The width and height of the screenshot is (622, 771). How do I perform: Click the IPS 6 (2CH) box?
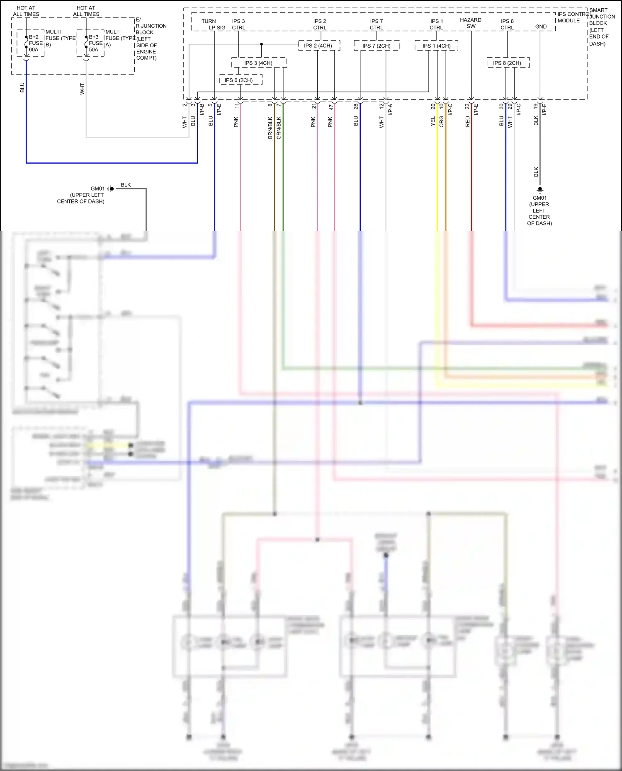pyautogui.click(x=241, y=80)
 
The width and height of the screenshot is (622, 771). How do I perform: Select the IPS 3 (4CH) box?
pyautogui.click(x=259, y=63)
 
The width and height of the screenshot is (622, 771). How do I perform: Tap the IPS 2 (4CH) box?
pyautogui.click(x=318, y=46)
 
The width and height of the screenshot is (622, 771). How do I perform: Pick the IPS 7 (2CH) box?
pyautogui.click(x=377, y=46)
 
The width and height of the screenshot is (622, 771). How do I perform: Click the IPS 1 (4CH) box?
pyautogui.click(x=436, y=46)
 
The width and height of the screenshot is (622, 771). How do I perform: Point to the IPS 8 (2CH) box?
pyautogui.click(x=508, y=63)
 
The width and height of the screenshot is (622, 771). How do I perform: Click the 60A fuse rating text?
pyautogui.click(x=34, y=50)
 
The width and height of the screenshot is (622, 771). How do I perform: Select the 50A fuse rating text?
pyautogui.click(x=94, y=50)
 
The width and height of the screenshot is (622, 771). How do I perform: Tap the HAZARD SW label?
pyautogui.click(x=471, y=23)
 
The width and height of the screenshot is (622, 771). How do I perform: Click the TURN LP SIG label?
pyautogui.click(x=212, y=24)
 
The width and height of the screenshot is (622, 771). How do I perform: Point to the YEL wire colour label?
pyautogui.click(x=433, y=121)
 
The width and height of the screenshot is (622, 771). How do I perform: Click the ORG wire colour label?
pyautogui.click(x=442, y=121)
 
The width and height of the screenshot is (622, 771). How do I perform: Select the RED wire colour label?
pyautogui.click(x=467, y=121)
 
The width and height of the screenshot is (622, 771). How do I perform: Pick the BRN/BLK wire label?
pyautogui.click(x=270, y=128)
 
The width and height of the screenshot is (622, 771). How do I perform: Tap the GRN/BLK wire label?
pyautogui.click(x=279, y=128)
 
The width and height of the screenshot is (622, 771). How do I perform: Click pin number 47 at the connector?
pyautogui.click(x=331, y=107)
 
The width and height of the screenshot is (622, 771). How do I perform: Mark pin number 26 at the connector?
pyautogui.click(x=356, y=106)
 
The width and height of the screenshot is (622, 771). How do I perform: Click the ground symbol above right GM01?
pyautogui.click(x=540, y=191)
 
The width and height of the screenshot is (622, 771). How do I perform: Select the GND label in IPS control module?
pyautogui.click(x=541, y=27)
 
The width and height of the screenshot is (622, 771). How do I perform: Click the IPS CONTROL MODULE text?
pyautogui.click(x=572, y=17)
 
